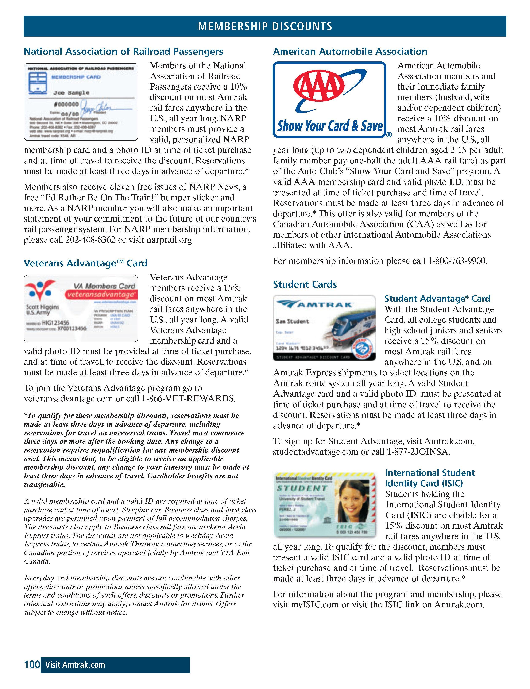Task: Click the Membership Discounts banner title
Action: [265, 26]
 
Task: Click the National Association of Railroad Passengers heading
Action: [124, 52]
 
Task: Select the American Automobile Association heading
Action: [350, 52]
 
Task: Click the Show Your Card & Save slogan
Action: [330, 126]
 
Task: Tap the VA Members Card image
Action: [81, 308]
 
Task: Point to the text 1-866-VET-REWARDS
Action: [188, 398]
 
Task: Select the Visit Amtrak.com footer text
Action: [75, 665]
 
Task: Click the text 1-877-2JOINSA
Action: [418, 452]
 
